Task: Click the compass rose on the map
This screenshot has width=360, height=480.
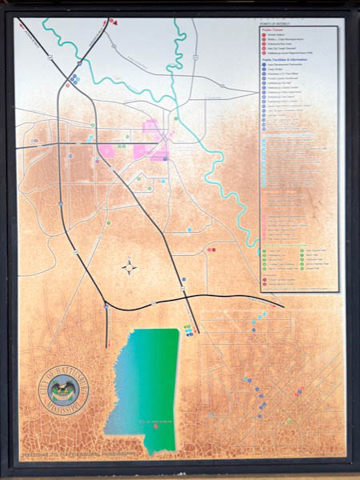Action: coord(130,267)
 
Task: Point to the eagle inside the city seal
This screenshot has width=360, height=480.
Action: coord(58,391)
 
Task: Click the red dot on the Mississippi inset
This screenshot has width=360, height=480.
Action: coord(157,426)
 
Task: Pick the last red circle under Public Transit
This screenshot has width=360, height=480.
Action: coord(264,52)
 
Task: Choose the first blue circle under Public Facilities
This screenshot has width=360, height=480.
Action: coord(264,65)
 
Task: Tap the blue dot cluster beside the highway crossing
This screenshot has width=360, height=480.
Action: coord(74,78)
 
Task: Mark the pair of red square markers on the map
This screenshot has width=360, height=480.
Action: coord(211,250)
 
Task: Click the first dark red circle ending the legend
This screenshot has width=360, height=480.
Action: coord(264,279)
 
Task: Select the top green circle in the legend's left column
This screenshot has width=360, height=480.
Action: coord(264,250)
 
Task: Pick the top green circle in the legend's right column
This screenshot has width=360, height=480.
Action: coord(302,250)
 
